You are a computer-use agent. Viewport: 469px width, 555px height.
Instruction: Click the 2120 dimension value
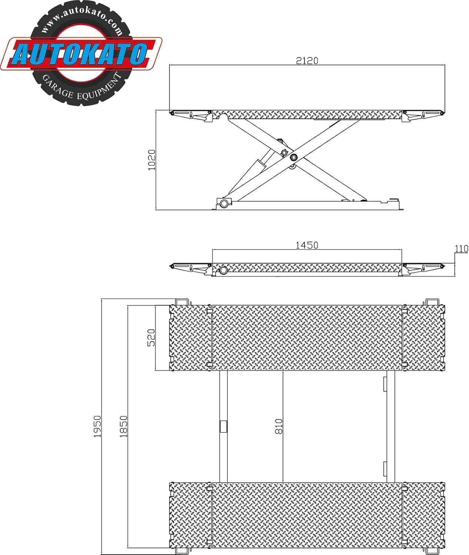tap(307, 61)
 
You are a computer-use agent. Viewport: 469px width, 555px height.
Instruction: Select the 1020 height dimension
tap(152, 160)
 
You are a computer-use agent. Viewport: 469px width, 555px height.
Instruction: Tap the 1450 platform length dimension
tap(307, 245)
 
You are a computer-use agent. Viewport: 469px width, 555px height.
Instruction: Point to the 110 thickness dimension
tap(462, 249)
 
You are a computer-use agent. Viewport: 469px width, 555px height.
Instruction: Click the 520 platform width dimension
tap(151, 337)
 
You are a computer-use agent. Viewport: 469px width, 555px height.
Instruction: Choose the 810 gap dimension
tap(279, 426)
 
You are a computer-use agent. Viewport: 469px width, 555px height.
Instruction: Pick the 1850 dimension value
tap(123, 426)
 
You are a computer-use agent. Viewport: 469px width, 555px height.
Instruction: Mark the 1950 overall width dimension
tap(97, 426)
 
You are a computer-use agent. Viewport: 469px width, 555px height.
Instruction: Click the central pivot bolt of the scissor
tap(294, 157)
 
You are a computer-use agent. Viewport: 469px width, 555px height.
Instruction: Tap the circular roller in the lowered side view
tap(223, 270)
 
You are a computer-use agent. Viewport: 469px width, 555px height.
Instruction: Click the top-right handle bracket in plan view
tap(432, 302)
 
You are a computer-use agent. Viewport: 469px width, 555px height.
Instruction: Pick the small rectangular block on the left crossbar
tap(223, 426)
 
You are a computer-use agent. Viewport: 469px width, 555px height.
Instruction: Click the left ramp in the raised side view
tap(191, 115)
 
